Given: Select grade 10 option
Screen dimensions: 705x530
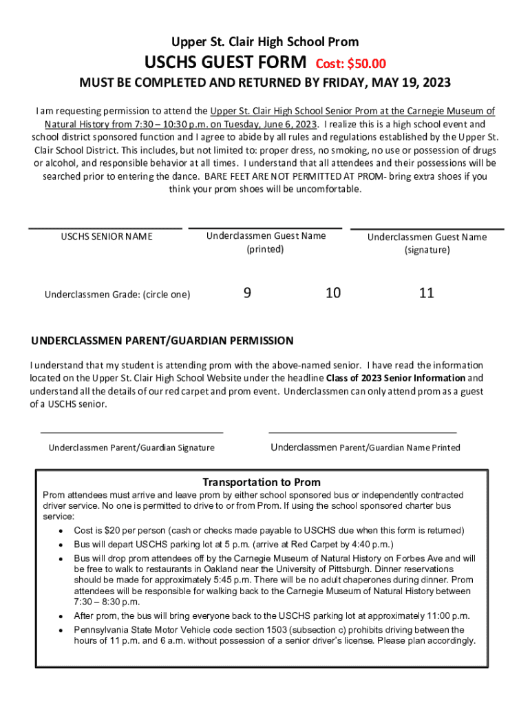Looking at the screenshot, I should (x=333, y=293).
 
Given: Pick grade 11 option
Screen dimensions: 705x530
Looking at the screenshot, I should (x=427, y=293).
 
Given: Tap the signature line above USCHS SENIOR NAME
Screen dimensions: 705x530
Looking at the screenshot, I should (x=105, y=228).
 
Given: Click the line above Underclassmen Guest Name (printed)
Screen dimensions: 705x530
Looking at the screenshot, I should (x=265, y=228).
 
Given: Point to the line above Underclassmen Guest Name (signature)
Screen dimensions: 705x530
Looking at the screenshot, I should (x=427, y=229).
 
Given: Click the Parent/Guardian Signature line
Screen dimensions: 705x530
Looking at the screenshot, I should (x=132, y=432).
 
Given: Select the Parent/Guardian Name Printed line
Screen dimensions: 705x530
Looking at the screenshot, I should (x=362, y=432).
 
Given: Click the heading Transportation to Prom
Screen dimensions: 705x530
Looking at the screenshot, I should (x=262, y=482).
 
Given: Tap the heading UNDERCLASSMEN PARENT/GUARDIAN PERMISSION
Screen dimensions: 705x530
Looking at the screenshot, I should (x=162, y=341).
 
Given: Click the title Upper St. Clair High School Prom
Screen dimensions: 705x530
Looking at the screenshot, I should (x=265, y=42).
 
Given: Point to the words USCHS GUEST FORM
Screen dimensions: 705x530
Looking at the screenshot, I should (x=225, y=63).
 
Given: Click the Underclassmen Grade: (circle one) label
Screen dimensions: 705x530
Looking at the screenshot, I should (x=118, y=295).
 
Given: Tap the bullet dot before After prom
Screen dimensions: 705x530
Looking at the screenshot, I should (x=62, y=617).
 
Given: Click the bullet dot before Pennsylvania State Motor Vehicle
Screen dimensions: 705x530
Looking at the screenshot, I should (x=62, y=631).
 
